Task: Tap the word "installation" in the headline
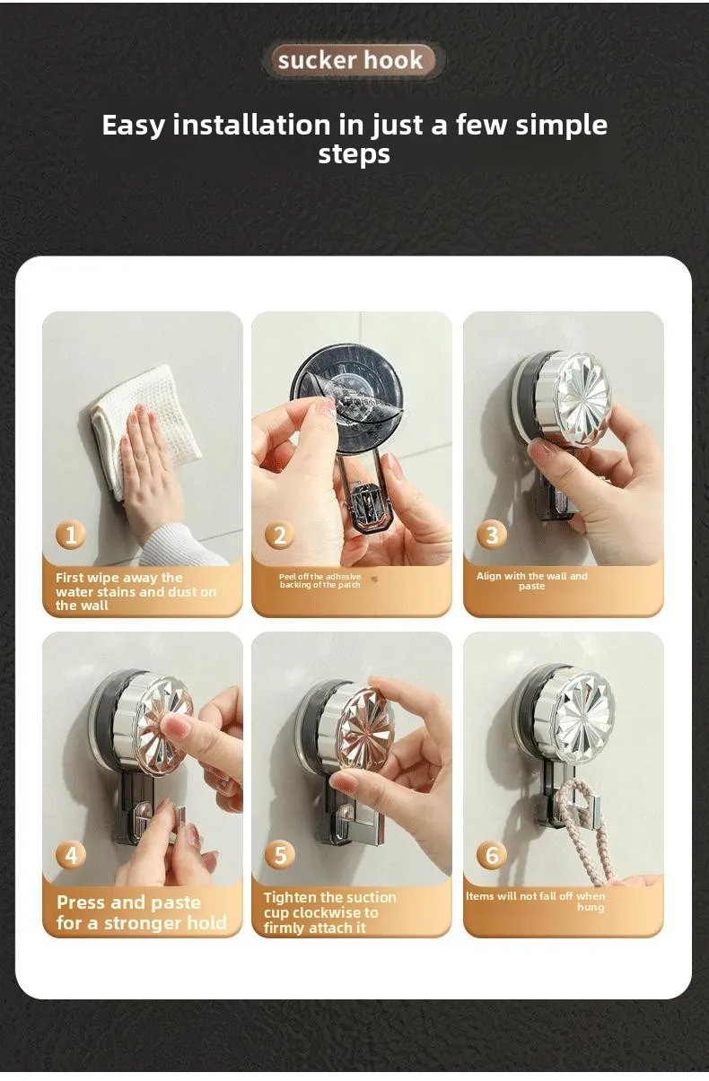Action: pos(251,125)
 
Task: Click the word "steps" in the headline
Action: pos(354,154)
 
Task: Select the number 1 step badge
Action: pos(71,535)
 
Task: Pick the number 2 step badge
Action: pos(280,535)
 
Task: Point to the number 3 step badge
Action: pos(491,535)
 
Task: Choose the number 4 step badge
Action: pos(71,855)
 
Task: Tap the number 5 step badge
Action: pos(280,855)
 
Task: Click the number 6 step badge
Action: pos(491,855)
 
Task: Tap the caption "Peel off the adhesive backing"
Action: pos(320,580)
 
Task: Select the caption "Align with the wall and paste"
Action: pos(532,580)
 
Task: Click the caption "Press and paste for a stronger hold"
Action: pos(142,912)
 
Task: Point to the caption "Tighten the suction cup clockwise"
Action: pos(329,912)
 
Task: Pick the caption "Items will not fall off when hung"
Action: pos(535,902)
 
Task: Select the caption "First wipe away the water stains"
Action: pos(136,592)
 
